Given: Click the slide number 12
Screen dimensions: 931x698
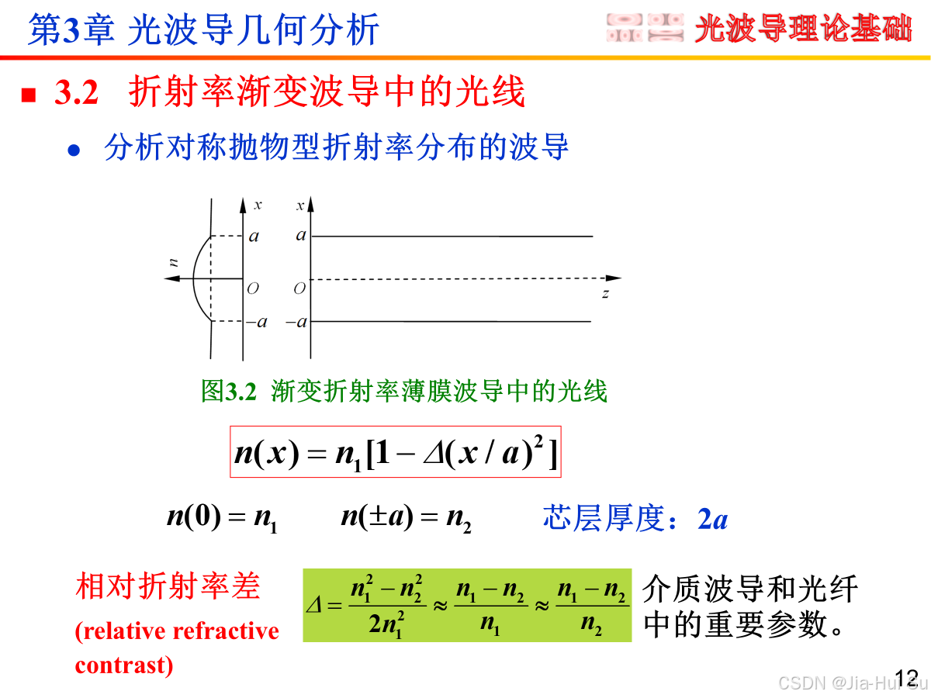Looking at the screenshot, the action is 906,676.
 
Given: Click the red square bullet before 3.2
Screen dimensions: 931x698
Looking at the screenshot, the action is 29,95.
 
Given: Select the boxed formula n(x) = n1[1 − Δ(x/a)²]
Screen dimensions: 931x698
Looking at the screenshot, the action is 395,451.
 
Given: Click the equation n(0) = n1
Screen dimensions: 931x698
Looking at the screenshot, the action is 222,517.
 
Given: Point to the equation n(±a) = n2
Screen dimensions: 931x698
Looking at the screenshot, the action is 406,517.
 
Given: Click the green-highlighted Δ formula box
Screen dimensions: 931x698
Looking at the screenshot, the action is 466,606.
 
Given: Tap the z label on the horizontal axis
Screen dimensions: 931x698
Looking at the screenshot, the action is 604,294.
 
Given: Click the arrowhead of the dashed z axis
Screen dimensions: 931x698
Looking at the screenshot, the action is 614,278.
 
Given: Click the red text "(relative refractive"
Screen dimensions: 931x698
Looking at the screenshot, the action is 177,631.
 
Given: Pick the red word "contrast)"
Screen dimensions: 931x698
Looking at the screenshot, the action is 124,665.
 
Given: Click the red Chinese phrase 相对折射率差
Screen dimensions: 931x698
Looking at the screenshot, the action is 168,587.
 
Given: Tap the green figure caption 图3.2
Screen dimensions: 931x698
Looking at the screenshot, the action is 228,392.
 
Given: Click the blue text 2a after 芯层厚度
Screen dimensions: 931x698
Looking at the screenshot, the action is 713,519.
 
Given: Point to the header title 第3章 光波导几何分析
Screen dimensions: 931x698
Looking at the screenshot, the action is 203,31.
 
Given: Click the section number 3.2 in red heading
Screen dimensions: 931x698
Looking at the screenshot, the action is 76,94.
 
